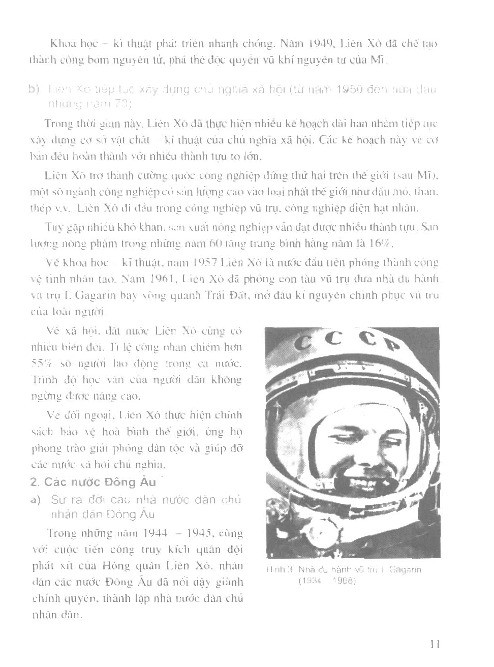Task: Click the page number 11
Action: click(x=434, y=644)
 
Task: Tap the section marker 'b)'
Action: click(x=34, y=90)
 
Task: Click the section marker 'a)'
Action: click(x=36, y=500)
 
